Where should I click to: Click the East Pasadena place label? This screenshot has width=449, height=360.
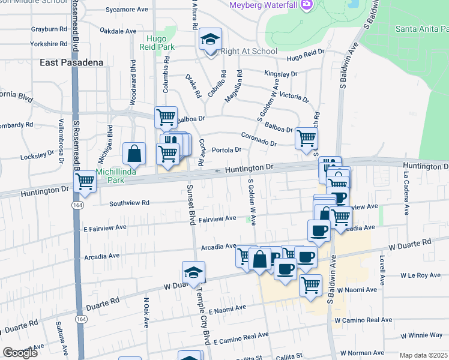[x=71, y=62]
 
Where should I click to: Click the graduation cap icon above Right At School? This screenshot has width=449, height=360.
[x=211, y=40]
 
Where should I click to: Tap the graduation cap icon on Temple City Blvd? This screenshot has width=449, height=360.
[x=194, y=273]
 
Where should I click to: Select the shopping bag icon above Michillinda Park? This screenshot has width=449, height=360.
[x=134, y=154]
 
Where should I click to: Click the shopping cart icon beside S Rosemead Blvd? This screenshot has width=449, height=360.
[x=86, y=181]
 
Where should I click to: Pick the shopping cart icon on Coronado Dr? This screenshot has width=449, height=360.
[x=307, y=139]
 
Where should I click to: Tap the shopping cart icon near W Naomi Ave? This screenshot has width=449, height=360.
[x=310, y=285]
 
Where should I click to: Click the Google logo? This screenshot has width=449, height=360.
[x=20, y=353]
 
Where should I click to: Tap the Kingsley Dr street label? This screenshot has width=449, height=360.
[x=281, y=74]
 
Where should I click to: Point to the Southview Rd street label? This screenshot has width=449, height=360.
[x=129, y=203]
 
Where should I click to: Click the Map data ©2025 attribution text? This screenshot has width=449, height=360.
[x=424, y=355]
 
